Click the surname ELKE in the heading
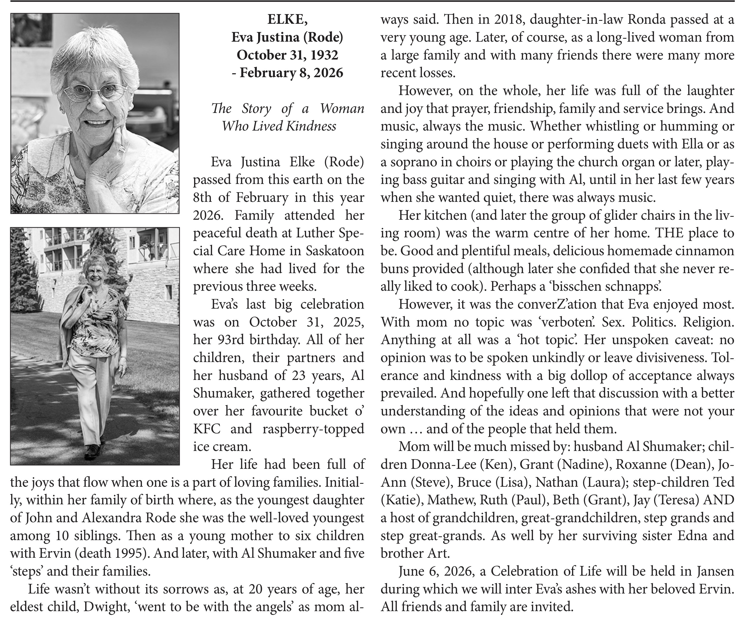coord(287,19)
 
